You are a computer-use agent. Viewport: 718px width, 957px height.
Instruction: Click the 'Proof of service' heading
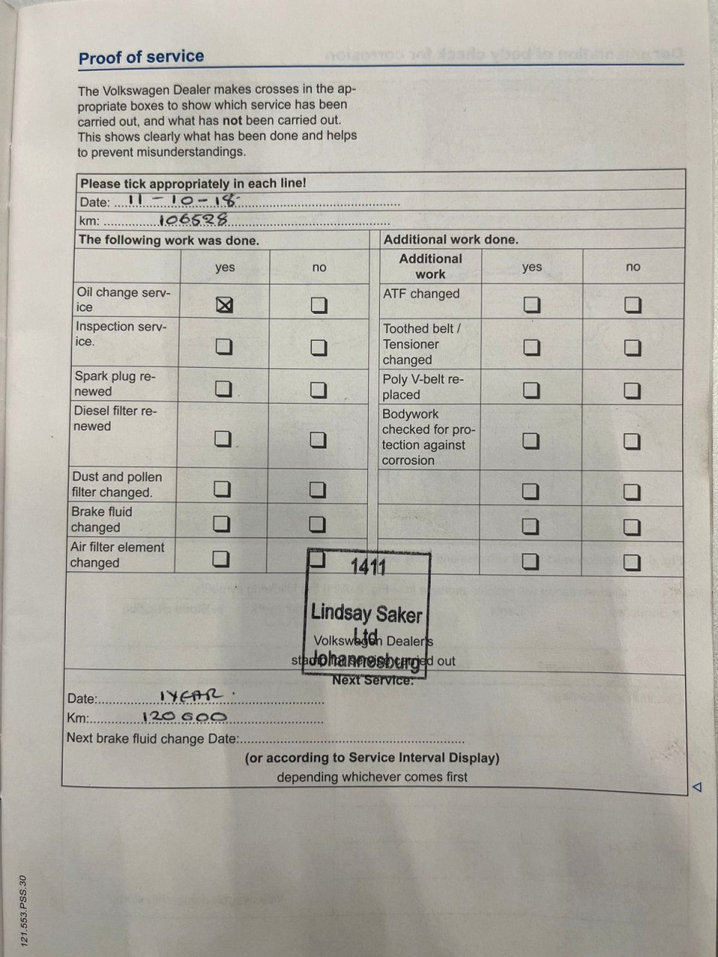click(x=141, y=57)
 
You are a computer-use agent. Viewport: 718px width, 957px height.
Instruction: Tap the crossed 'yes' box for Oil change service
click(x=224, y=304)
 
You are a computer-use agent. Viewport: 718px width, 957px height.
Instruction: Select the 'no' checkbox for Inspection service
click(x=319, y=348)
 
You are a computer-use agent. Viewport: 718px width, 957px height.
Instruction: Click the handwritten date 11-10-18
click(x=182, y=200)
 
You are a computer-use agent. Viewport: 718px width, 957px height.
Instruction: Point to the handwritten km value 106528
click(x=193, y=220)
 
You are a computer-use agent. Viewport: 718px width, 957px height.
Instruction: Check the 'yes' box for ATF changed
click(x=531, y=304)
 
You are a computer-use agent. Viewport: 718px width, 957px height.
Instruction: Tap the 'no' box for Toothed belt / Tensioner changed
click(x=633, y=348)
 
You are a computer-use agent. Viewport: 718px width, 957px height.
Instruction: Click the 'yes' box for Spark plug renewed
click(x=224, y=389)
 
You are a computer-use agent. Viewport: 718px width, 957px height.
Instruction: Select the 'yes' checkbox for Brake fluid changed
click(x=221, y=523)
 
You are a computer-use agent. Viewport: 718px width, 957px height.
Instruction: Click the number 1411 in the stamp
click(x=368, y=567)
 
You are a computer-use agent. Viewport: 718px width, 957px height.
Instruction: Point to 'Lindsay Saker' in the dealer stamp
click(x=366, y=613)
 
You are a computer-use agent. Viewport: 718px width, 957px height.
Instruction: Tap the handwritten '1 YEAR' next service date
click(x=191, y=696)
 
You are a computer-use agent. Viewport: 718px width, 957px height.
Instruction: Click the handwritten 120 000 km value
click(x=184, y=716)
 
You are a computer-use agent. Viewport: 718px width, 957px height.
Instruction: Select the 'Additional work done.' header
click(x=450, y=239)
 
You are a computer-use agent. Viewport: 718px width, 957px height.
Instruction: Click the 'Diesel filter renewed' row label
click(x=115, y=419)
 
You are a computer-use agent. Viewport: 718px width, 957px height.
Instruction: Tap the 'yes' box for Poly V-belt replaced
click(x=531, y=390)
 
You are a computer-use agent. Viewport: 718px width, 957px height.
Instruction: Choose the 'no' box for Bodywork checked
click(x=633, y=441)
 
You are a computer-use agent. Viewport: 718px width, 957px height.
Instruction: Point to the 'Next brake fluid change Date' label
click(x=153, y=739)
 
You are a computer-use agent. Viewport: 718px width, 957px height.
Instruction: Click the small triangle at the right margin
click(x=697, y=787)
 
